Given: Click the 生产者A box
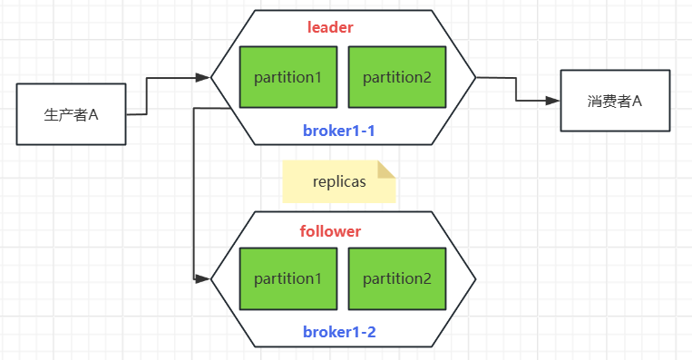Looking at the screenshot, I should click(71, 114).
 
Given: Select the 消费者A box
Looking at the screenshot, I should click(615, 101).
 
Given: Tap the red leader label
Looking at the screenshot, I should click(330, 27).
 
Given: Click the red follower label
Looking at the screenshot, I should click(330, 231).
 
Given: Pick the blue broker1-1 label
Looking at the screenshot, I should click(339, 131).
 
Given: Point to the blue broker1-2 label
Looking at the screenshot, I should click(339, 332).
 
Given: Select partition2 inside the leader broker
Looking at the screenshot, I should click(396, 77).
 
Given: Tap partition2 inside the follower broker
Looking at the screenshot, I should click(396, 278).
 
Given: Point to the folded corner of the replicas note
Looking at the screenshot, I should click(387, 169).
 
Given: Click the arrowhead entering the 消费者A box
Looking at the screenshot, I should click(552, 100).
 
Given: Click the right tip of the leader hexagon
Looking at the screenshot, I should click(474, 78).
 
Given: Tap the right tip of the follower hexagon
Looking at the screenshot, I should click(474, 278).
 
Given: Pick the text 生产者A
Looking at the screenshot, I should click(71, 115).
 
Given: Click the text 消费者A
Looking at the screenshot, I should click(615, 101).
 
